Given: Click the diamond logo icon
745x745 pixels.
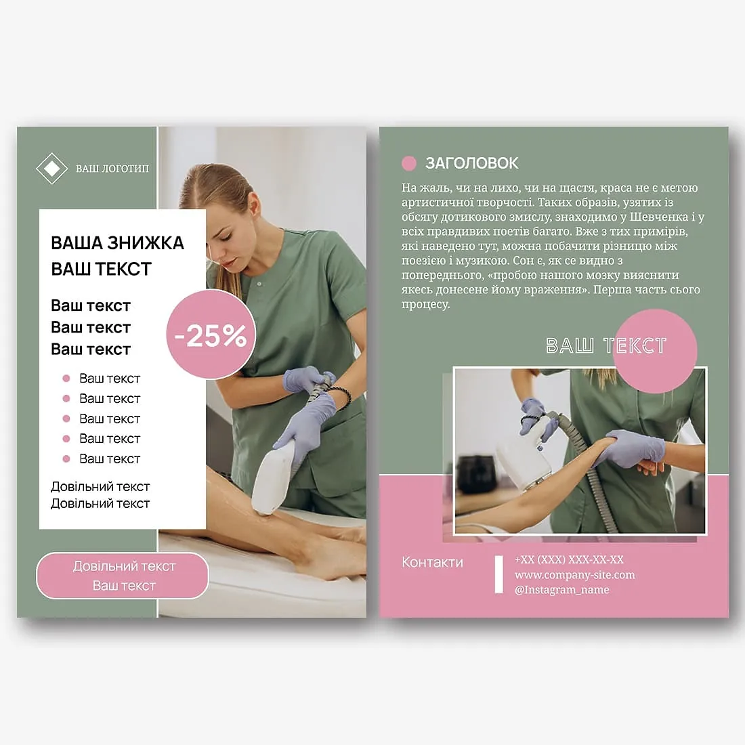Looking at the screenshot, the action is (x=51, y=168).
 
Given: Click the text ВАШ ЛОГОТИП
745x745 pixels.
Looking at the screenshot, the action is (x=112, y=169).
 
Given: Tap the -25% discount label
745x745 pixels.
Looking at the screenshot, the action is (x=211, y=336).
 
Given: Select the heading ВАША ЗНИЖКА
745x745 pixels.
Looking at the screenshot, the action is (x=117, y=242).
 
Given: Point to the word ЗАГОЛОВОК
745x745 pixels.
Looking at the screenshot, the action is (x=472, y=163).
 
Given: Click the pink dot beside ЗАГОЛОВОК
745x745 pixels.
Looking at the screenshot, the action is (x=408, y=163).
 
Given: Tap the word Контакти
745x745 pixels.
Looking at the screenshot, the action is (x=432, y=563).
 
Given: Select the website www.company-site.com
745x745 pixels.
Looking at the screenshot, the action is (x=575, y=575).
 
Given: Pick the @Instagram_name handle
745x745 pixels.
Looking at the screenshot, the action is (x=562, y=590).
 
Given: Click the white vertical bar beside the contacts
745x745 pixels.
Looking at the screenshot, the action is (x=499, y=575).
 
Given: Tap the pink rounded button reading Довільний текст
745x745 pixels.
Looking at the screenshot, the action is (x=123, y=576).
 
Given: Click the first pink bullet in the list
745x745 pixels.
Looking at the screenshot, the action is (x=66, y=378).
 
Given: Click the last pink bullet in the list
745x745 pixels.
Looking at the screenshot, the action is (x=66, y=459).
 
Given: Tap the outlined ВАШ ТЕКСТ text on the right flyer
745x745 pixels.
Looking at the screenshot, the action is (x=605, y=346).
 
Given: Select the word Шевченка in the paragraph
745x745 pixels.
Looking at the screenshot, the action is (x=659, y=217).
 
